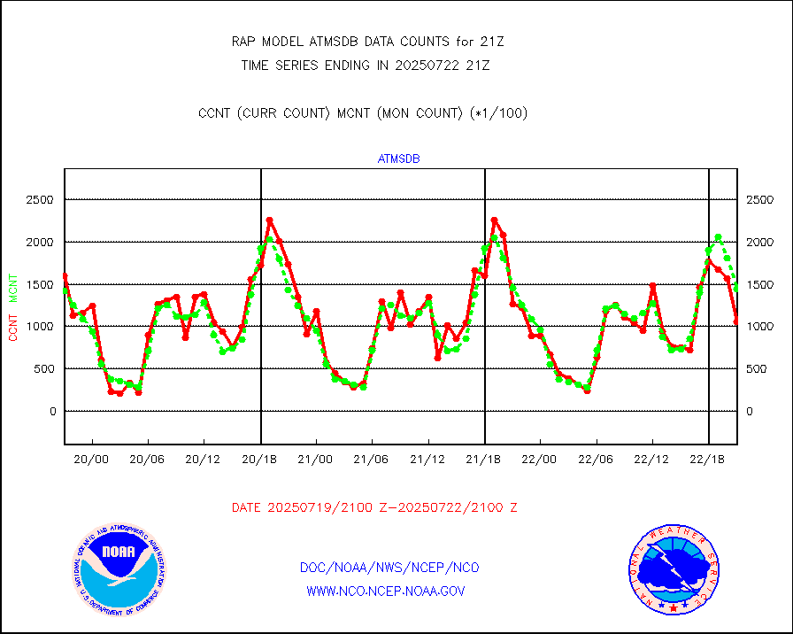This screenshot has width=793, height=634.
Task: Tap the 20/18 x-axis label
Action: tap(259, 460)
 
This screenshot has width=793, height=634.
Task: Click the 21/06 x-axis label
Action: tap(372, 460)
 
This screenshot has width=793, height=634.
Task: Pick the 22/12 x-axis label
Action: tap(652, 460)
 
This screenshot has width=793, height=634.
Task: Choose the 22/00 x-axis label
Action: tap(540, 460)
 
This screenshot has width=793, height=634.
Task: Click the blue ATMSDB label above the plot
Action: tap(398, 159)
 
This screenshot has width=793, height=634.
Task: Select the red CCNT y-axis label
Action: tap(13, 327)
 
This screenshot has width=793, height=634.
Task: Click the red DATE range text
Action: tap(374, 507)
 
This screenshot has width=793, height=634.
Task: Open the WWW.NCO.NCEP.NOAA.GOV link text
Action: tap(385, 591)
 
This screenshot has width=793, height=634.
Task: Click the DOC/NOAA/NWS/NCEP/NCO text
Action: tap(389, 568)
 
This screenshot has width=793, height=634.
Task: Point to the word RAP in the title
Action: tap(243, 41)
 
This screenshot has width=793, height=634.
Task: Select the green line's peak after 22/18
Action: tap(719, 236)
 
